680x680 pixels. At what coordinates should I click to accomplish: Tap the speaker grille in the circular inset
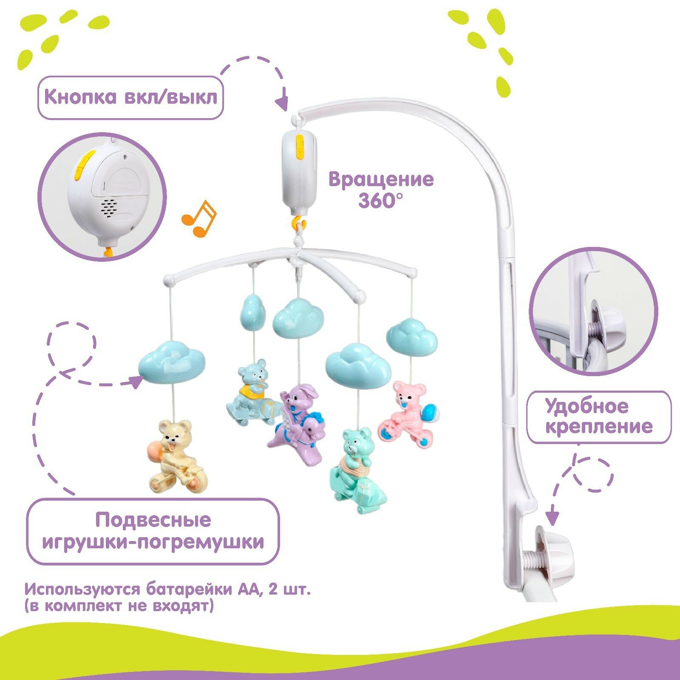click(109, 208)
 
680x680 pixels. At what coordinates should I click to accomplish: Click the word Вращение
click(381, 179)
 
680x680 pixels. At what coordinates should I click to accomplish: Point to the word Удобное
click(587, 407)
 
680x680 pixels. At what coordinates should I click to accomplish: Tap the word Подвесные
click(153, 520)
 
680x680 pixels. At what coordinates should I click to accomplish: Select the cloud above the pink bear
click(411, 337)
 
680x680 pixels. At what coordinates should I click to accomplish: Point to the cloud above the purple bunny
click(298, 317)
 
